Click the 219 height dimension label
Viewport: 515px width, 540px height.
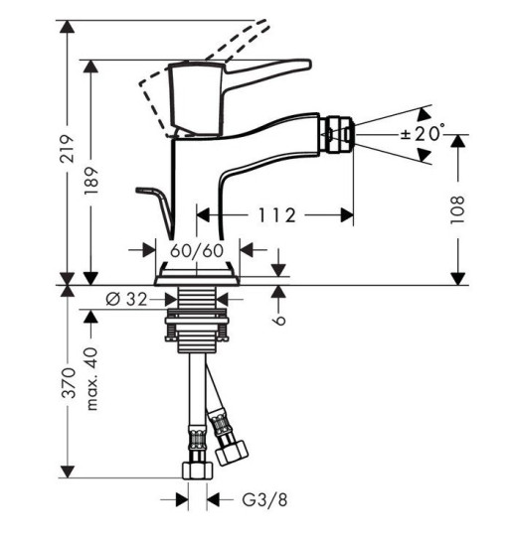(x=68, y=149)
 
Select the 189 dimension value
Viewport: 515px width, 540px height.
(x=91, y=181)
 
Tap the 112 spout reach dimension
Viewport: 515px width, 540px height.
(x=277, y=215)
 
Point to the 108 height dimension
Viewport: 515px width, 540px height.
(x=457, y=210)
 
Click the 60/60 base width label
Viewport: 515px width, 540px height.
(x=197, y=251)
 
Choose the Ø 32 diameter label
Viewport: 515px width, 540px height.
(x=126, y=299)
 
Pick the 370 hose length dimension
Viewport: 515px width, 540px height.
(x=68, y=383)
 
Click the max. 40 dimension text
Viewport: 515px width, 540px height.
(x=91, y=379)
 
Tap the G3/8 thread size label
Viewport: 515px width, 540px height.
(x=264, y=499)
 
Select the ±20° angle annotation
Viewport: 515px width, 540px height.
(x=423, y=134)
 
